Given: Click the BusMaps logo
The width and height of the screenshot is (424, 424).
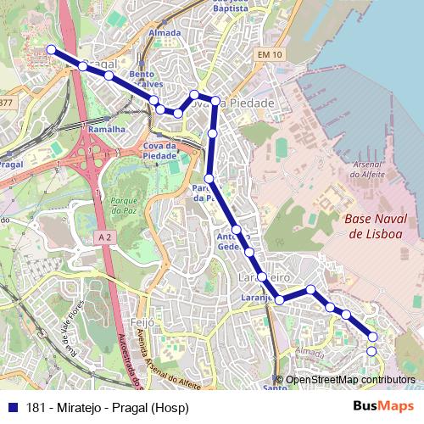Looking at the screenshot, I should pos(383,405).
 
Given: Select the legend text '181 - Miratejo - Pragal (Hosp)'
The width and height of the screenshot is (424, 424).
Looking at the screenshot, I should pos(108,406).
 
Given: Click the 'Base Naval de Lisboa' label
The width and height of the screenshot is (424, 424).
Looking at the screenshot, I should pos(376,225).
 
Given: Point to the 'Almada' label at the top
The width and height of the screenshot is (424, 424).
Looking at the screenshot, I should pos(165,33).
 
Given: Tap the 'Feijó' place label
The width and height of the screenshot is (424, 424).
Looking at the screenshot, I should pos(143,322).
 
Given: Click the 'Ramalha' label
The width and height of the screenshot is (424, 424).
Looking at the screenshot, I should pos(108,129).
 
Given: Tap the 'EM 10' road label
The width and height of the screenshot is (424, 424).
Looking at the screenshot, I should pos(270,54).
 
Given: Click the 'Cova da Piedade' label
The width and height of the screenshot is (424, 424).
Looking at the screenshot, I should pos(159,150).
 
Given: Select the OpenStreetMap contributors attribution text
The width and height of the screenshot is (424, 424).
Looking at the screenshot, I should pos(349,380).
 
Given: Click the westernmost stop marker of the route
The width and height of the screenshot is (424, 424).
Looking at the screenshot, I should pos(51,49).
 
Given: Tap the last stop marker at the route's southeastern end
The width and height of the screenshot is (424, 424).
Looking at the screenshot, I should pos(371,351).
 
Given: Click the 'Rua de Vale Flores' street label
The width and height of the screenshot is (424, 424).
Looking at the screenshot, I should pos(74,326).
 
